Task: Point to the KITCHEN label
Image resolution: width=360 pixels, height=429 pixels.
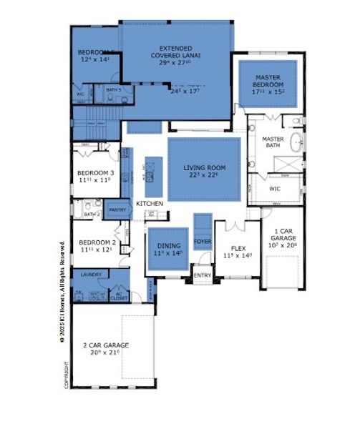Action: pos(150,204)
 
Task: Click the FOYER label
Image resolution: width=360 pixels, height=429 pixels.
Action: pos(203,241)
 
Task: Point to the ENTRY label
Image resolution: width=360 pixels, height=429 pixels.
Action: pos(203,275)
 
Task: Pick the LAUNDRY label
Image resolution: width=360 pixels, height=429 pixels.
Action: pos(90,274)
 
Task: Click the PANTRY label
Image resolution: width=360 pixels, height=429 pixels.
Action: pos(117,209)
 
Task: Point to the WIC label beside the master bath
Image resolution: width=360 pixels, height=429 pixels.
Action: pos(275,189)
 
